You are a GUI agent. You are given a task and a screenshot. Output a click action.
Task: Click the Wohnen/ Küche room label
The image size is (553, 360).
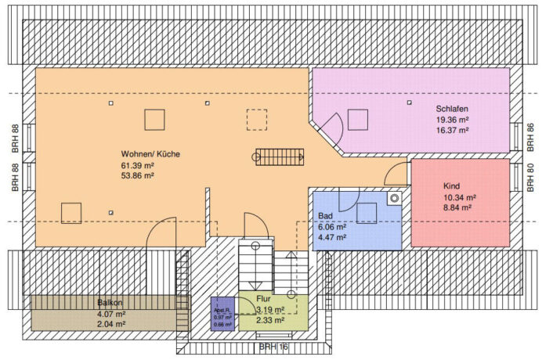(x=150, y=154)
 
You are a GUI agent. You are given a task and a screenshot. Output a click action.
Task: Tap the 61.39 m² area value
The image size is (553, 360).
(x=137, y=165)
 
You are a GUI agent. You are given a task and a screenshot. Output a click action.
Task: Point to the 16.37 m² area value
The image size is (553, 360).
(x=453, y=131)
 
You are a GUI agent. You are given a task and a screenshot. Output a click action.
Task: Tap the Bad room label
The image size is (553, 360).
(x=326, y=215)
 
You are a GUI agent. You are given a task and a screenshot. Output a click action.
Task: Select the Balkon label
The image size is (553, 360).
(x=110, y=302)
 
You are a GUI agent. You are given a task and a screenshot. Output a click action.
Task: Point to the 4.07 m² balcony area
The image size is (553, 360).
(x=110, y=313)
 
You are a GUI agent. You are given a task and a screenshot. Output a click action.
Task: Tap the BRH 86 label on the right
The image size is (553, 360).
(x=530, y=137)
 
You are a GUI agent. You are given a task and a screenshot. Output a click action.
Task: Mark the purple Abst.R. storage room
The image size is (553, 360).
(x=222, y=314)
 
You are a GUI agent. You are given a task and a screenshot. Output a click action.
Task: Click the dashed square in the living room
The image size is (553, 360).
(x=256, y=120)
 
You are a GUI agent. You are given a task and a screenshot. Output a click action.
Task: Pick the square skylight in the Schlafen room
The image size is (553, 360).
(x=358, y=119)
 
